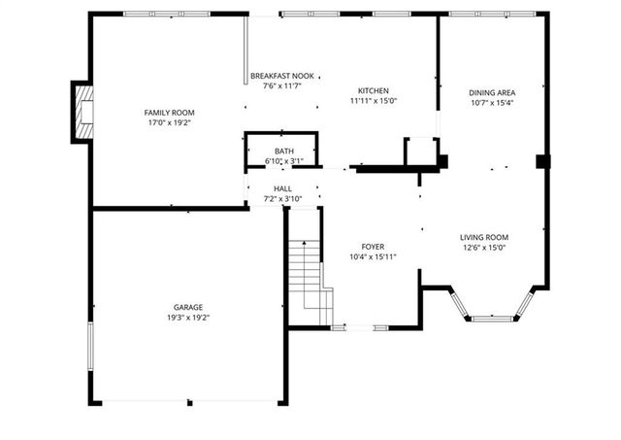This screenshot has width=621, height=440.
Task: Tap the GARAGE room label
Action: [188, 307]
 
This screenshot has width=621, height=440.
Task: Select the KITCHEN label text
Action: [374, 90]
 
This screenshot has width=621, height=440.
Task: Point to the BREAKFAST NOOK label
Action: [282, 76]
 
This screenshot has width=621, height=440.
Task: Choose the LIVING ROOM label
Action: [484, 237]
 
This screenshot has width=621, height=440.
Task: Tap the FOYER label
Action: [374, 247]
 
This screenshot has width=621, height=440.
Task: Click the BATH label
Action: [284, 152]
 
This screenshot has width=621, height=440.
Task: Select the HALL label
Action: [283, 188]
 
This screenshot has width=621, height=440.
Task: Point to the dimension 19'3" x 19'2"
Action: [188, 318]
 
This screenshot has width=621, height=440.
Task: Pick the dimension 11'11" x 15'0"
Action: [374, 100]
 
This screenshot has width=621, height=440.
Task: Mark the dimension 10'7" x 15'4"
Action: [491, 102]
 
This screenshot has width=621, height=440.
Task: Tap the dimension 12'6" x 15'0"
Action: [484, 248]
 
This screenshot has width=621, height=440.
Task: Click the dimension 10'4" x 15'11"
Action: [374, 256]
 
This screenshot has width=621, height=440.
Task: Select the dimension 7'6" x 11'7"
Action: [282, 85]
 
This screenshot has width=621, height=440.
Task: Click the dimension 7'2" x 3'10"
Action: [283, 199]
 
